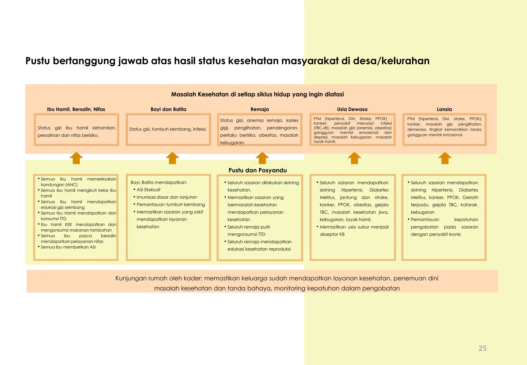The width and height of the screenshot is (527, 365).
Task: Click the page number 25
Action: point(482,348)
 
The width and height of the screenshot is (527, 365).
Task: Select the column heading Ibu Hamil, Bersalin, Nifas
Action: point(76,109)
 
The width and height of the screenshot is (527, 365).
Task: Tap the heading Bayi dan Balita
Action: point(168,109)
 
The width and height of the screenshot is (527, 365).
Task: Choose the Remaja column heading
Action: point(260,109)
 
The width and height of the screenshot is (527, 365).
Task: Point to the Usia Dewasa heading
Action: point(352,109)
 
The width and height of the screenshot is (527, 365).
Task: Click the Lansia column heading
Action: point(444,109)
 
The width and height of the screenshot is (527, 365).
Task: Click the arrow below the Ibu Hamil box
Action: point(76,158)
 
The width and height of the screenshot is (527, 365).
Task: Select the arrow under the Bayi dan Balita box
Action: point(172,158)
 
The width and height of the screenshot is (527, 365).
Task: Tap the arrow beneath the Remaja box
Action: point(262,158)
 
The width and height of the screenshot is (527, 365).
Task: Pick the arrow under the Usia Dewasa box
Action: point(354,158)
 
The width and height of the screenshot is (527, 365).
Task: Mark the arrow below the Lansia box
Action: point(445,158)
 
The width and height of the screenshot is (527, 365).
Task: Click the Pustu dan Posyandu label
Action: point(258,170)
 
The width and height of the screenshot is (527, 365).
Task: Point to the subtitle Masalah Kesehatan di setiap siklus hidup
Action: point(257,94)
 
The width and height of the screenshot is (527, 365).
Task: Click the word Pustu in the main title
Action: point(37,61)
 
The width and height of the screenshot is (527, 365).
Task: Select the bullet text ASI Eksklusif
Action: point(148,190)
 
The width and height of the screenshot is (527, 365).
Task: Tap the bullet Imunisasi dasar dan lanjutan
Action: point(167,197)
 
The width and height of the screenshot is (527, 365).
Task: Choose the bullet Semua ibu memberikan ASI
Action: point(68,247)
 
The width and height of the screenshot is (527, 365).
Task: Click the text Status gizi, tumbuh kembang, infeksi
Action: point(168,129)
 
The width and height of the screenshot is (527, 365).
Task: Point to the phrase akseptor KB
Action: point(332,234)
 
